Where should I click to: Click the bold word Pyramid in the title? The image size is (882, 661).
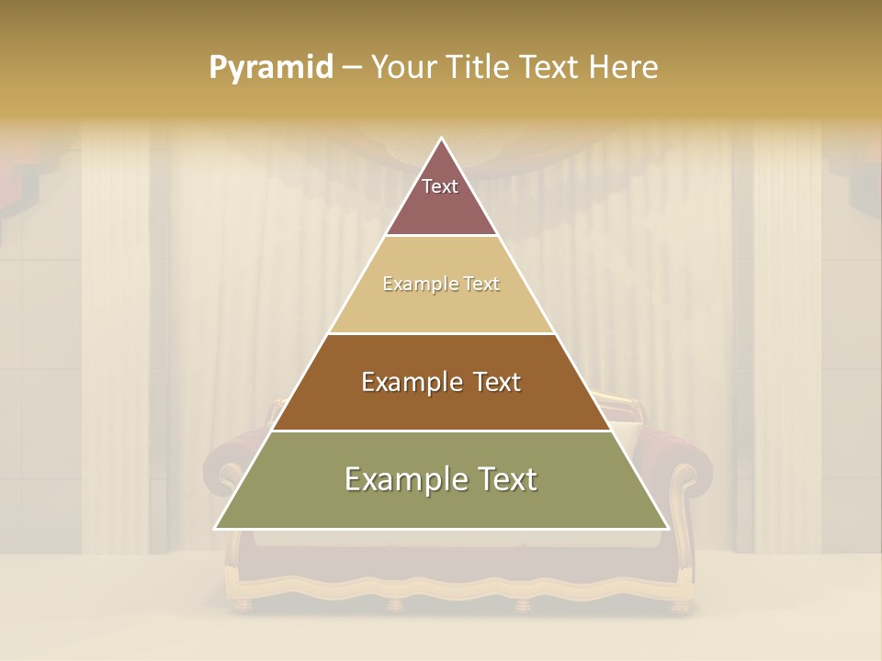[x=271, y=68]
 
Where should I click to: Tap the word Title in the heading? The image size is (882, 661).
[x=478, y=68]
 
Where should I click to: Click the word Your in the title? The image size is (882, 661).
[x=403, y=68]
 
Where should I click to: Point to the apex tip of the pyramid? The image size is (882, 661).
[x=442, y=140]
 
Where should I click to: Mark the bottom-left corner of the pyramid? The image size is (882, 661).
[x=217, y=528]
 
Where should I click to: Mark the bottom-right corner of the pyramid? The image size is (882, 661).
[x=667, y=528]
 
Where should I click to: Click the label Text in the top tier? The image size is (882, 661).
[x=440, y=186]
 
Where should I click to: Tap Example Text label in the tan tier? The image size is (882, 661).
[x=441, y=285]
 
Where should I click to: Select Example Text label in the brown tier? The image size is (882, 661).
[x=441, y=382]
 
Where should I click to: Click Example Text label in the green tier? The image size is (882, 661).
[x=441, y=479]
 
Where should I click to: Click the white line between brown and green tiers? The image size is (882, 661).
[x=441, y=431]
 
